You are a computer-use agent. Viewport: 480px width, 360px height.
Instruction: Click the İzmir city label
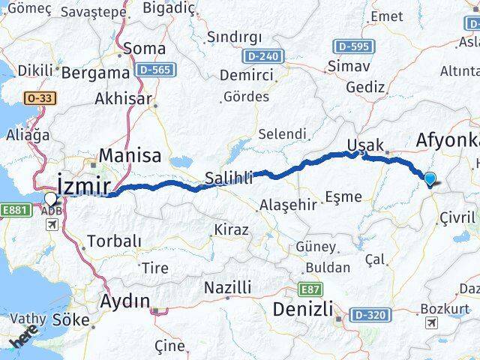[x=85, y=185]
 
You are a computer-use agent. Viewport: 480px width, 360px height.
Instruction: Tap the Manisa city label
[x=130, y=156]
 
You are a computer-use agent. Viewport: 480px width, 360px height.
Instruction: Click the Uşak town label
[x=366, y=145]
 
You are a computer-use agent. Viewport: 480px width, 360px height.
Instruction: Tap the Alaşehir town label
[x=289, y=204]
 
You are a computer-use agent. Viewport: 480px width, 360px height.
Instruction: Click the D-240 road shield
[x=260, y=56]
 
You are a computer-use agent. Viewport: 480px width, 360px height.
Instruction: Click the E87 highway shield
[x=310, y=289]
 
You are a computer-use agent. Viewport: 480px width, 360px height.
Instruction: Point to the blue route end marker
[x=430, y=178]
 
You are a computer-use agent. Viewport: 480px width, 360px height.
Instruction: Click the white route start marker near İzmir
[x=50, y=199]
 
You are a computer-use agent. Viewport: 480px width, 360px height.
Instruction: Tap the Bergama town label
[x=95, y=73]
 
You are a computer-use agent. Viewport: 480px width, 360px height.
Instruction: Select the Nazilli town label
[x=228, y=286]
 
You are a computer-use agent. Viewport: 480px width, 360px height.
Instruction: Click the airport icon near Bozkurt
[x=432, y=322]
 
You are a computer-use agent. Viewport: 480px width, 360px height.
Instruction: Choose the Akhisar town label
[x=123, y=98]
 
